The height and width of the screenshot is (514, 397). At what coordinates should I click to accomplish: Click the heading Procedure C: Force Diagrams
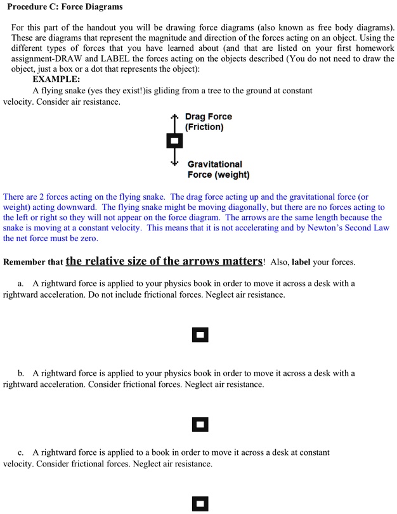click(65, 7)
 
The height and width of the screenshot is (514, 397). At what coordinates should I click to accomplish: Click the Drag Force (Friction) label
click(208, 121)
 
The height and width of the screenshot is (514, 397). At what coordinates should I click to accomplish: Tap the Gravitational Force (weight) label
click(218, 169)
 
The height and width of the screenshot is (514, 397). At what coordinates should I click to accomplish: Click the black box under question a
click(200, 334)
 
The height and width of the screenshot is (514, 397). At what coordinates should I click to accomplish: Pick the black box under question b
click(200, 423)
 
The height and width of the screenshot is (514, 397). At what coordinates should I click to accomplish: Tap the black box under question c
click(200, 504)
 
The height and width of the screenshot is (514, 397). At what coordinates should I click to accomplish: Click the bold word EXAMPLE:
click(56, 79)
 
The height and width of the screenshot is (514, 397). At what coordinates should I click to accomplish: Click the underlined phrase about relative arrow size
click(164, 261)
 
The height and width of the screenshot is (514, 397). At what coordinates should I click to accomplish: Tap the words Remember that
click(33, 262)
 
